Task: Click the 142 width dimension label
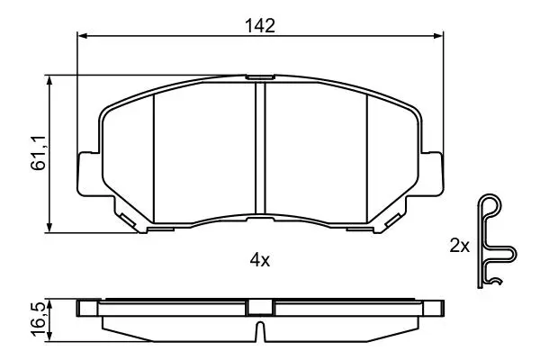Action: point(260,26)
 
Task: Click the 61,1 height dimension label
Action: point(38,152)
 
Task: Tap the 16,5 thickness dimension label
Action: point(38,319)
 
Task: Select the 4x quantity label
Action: point(260,260)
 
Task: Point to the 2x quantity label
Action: point(459,246)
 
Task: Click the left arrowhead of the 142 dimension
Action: point(83,35)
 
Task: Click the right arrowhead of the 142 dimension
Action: point(438,35)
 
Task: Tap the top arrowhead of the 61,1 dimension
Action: point(49,81)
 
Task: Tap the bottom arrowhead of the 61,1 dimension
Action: point(49,227)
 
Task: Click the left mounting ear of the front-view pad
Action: point(89,174)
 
